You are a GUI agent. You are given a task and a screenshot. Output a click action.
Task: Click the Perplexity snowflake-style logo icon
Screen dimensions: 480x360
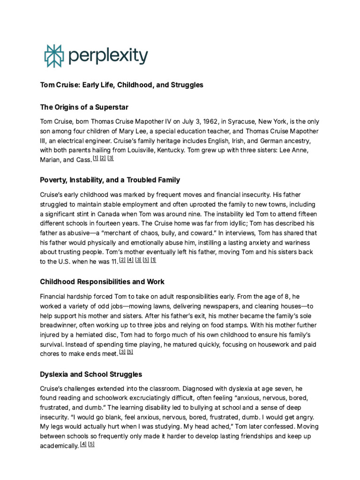coord(52,56)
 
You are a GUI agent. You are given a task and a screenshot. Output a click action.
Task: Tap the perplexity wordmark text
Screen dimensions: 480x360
coord(108,57)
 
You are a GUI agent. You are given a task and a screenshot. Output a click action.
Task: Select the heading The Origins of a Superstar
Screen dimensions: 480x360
coord(84,107)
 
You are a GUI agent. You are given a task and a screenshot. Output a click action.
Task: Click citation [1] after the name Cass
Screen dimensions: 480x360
coord(95,158)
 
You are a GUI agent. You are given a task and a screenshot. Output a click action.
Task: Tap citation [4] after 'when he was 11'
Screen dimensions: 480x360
coord(130,260)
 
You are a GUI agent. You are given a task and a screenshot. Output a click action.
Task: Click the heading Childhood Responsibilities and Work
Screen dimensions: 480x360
coord(102,282)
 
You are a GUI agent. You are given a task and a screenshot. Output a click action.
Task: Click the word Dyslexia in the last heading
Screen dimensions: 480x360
coord(55,375)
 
